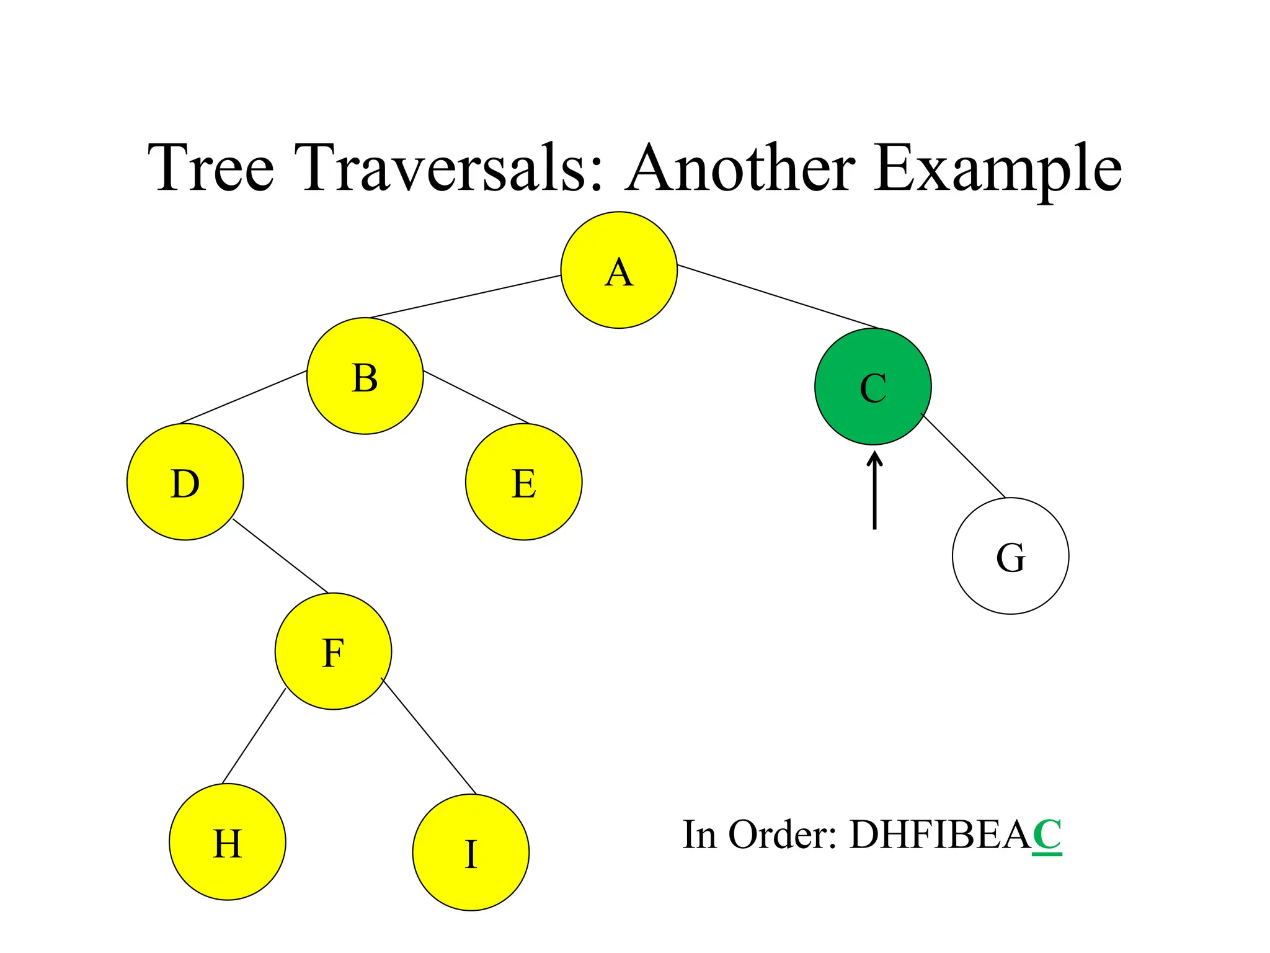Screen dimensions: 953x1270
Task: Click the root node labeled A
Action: [x=619, y=270]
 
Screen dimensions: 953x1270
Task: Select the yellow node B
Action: [x=365, y=376]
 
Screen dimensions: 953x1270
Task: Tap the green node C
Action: [x=873, y=387]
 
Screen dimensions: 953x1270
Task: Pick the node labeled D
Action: [x=185, y=482]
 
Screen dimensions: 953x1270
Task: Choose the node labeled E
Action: [x=524, y=482]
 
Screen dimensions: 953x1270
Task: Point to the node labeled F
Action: [x=334, y=651]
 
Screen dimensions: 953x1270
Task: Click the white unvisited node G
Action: [x=1011, y=556]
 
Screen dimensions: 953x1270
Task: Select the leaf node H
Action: [x=228, y=842]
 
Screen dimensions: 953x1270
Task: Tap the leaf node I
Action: [x=471, y=852]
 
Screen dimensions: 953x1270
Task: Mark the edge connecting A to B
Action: [x=465, y=297]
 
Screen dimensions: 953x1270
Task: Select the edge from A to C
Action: [x=778, y=297]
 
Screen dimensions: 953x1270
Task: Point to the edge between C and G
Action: [x=964, y=456]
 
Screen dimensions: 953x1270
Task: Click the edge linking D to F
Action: [x=280, y=556]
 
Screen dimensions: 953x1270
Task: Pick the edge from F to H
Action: [x=254, y=736]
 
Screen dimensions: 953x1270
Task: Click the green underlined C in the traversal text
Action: [x=1047, y=835]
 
